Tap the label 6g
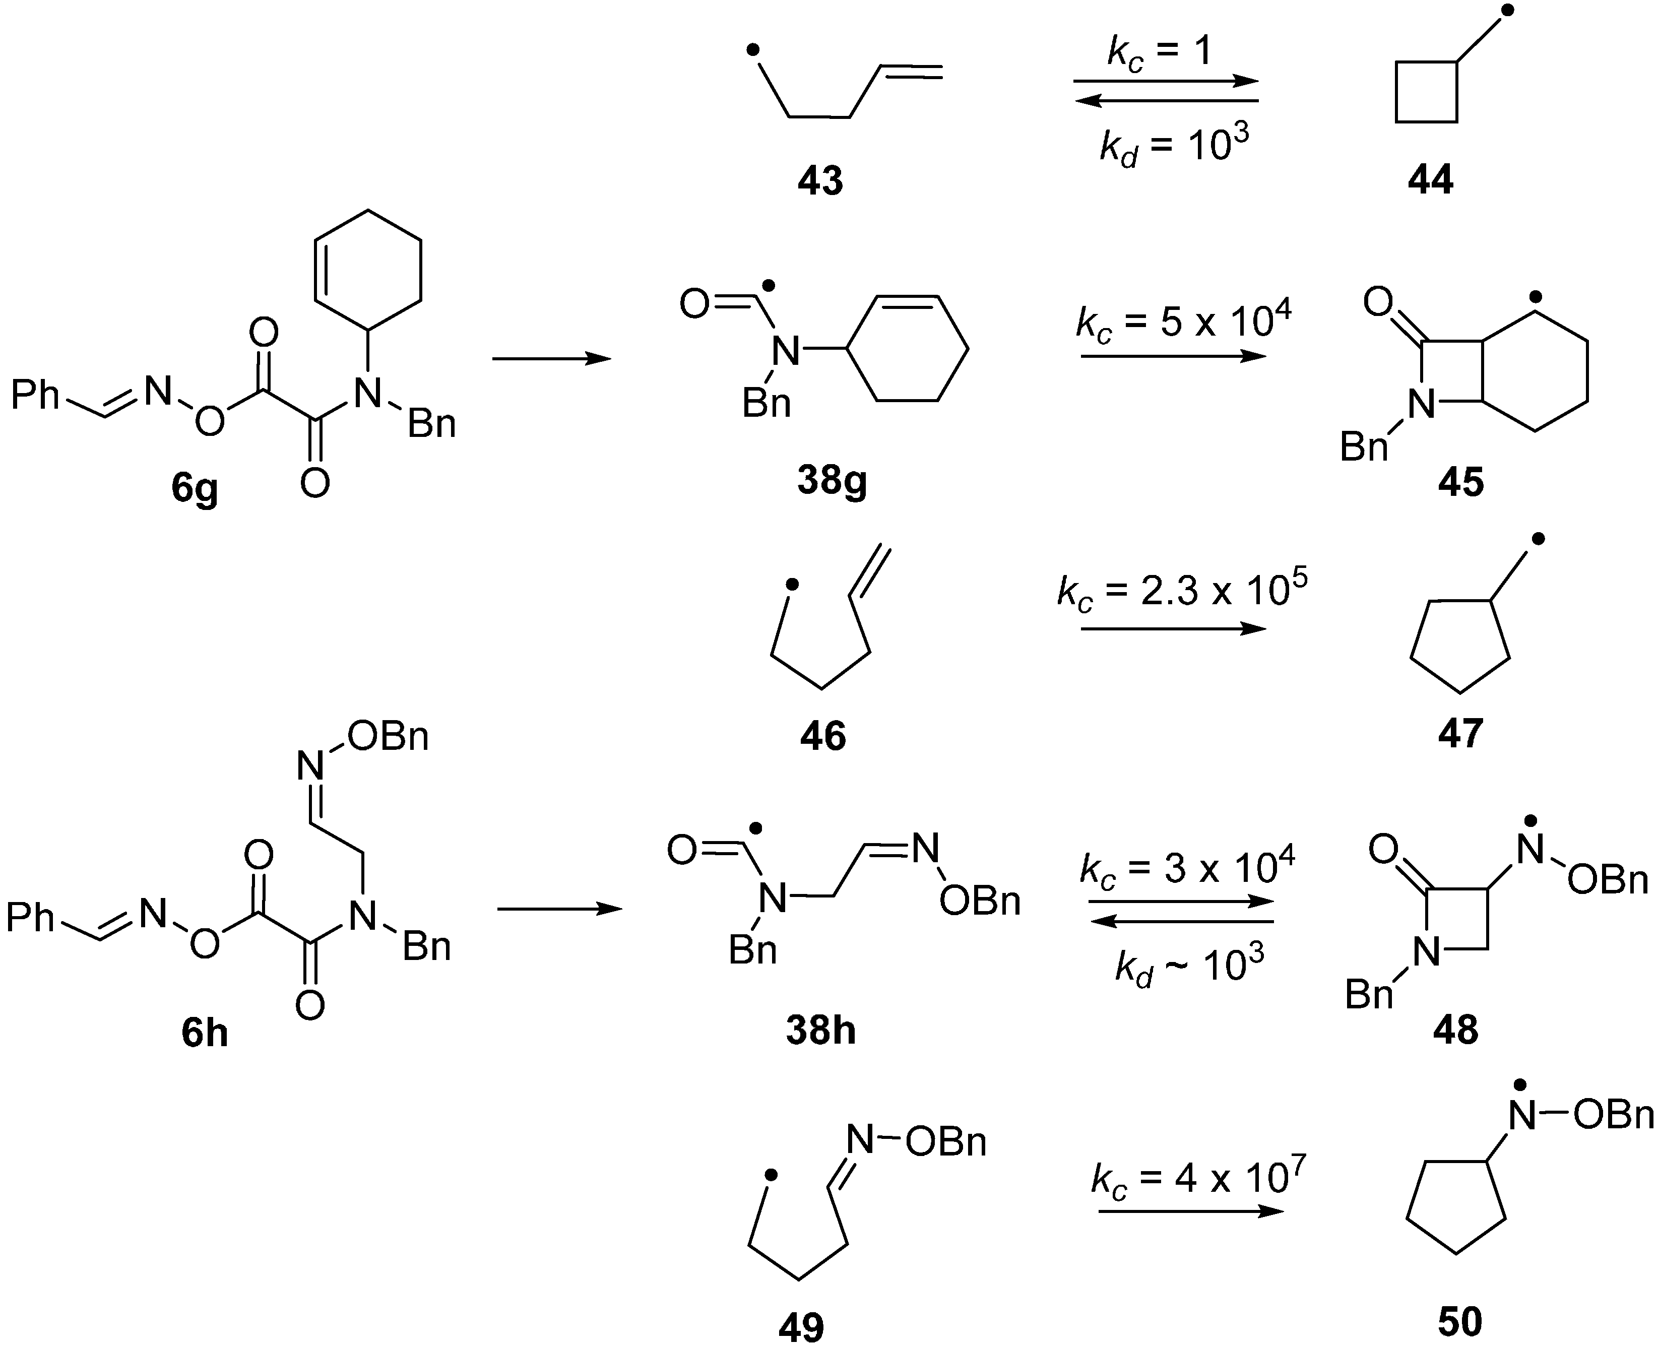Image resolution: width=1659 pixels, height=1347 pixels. pos(195,488)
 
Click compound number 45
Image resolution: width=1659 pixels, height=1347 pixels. pos(1460,482)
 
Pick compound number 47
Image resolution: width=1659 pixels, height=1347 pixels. pos(1460,733)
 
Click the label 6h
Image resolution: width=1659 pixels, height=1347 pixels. pos(205,1034)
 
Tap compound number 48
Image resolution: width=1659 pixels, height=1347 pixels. pos(1456,1030)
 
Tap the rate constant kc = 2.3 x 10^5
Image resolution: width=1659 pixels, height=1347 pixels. pos(1182,591)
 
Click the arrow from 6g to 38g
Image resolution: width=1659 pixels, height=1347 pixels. pos(552,358)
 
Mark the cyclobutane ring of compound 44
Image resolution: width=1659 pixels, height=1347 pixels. pos(1426,92)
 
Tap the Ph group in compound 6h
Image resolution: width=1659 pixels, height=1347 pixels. pos(31,919)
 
